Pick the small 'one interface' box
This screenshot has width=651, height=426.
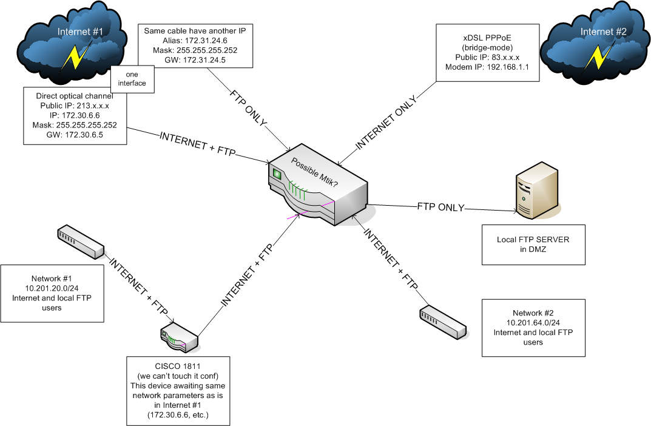[x=132, y=79]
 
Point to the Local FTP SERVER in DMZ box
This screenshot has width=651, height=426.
[x=534, y=244]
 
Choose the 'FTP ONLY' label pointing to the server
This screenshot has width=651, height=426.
[x=440, y=207]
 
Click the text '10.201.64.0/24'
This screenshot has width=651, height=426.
[x=533, y=323]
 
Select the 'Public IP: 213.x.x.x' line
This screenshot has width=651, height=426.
[x=75, y=105]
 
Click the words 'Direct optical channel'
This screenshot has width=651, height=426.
[x=75, y=96]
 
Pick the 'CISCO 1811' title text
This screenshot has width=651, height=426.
[x=177, y=367]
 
